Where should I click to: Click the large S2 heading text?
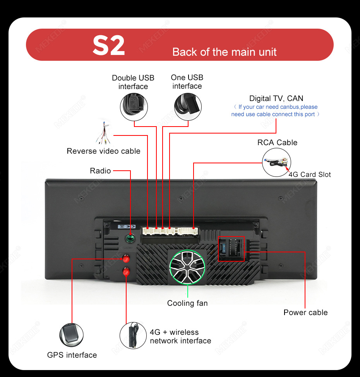tap(109, 45)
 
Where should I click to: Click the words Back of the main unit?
tap(225, 52)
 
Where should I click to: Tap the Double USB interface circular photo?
tap(134, 107)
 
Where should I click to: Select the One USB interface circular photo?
tap(188, 107)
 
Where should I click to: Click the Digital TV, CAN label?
tap(276, 98)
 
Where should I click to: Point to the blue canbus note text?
tap(276, 111)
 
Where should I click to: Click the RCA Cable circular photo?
tap(276, 162)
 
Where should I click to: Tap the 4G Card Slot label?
tap(310, 175)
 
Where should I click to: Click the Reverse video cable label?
tap(103, 151)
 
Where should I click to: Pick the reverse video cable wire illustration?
tap(104, 133)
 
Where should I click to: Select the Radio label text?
tap(100, 171)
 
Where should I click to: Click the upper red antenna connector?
tap(126, 259)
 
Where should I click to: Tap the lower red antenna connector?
tap(126, 272)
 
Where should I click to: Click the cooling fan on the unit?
tap(187, 267)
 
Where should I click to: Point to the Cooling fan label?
tap(187, 303)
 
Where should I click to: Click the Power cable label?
tap(305, 312)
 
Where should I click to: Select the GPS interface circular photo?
tap(72, 335)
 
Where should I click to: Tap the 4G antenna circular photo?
tap(133, 336)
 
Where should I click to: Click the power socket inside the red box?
tap(231, 249)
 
